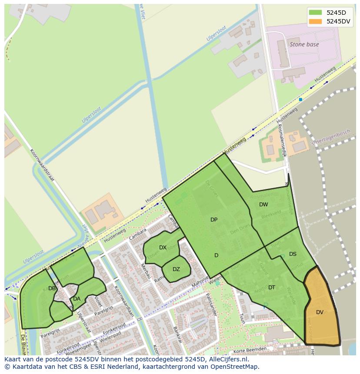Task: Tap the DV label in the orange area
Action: [320, 312]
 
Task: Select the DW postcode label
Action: [263, 205]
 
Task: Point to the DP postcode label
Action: [214, 220]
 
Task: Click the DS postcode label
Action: [293, 254]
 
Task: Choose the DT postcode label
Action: [272, 288]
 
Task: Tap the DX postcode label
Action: [163, 248]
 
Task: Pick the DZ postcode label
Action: [176, 269]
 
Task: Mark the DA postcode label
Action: [77, 299]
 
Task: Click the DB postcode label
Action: [52, 288]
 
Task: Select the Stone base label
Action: [304, 44]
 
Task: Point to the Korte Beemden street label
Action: [250, 349]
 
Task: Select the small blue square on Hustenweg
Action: [300, 99]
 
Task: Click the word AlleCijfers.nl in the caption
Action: [227, 359]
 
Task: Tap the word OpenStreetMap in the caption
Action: [237, 367]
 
